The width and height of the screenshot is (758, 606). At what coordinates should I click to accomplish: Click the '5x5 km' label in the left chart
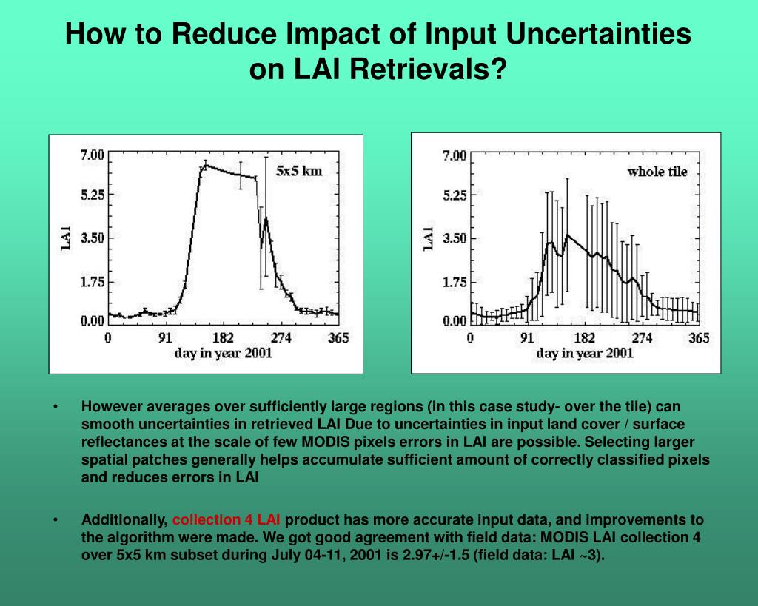click(x=299, y=171)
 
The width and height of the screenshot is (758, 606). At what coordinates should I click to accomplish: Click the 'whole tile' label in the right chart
click(x=657, y=172)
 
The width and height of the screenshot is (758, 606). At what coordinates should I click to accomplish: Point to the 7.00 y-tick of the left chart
click(x=92, y=155)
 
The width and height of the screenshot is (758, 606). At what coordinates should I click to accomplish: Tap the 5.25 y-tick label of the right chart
click(x=455, y=196)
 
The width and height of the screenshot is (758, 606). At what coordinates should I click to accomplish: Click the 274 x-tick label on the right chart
click(x=643, y=338)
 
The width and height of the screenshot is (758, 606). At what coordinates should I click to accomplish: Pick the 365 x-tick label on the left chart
click(x=338, y=338)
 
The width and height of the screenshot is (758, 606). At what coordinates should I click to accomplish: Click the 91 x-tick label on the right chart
click(x=526, y=338)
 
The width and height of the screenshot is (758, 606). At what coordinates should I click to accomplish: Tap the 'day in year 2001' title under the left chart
click(x=224, y=353)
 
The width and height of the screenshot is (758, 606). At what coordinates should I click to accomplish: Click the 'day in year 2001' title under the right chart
click(x=585, y=353)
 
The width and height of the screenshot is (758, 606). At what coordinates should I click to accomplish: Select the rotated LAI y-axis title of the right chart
click(x=428, y=238)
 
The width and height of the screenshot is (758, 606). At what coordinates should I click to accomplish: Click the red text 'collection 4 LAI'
click(x=226, y=519)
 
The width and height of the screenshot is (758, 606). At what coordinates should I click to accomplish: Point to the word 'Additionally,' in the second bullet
click(x=124, y=519)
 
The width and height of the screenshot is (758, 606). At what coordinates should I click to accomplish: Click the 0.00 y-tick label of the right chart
click(x=455, y=321)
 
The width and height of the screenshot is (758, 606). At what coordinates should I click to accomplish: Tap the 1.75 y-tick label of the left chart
click(x=92, y=281)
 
